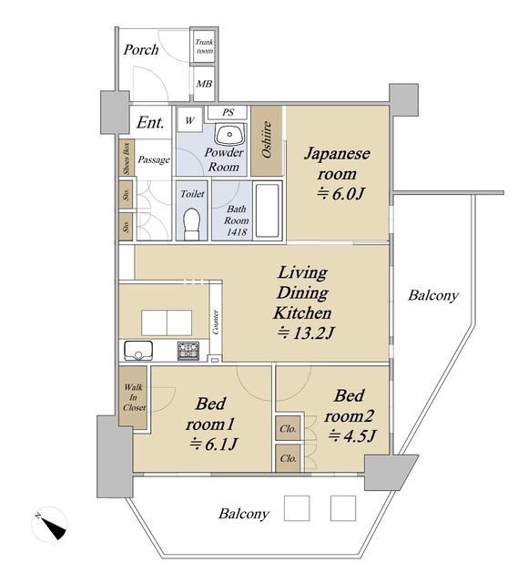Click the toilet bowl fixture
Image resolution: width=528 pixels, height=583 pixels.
192,224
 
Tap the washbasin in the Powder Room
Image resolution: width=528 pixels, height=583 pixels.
229,136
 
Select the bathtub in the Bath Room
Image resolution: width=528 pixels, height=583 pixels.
267,210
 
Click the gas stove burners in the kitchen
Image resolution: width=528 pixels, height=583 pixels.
188,351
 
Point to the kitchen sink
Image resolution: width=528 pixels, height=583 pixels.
138,350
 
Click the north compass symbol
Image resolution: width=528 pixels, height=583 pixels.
49,524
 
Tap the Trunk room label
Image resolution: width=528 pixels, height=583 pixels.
204,46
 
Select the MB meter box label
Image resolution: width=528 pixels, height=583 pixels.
204,84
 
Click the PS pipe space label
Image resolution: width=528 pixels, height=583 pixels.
228,112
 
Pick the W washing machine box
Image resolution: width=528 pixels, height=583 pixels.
190,119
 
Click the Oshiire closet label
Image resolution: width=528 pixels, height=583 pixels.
266,139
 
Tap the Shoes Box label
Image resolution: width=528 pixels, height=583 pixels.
127,158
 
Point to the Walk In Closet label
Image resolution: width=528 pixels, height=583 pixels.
134,397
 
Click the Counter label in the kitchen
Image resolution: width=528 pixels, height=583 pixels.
216,322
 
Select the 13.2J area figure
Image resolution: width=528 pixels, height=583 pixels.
306,333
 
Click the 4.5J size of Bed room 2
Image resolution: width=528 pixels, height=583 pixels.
352,435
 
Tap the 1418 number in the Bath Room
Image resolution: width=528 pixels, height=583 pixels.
237,232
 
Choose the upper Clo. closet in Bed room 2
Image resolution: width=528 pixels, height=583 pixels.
289,429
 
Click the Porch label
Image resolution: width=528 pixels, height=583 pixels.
141,49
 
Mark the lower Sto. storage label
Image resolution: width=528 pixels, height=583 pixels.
127,226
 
